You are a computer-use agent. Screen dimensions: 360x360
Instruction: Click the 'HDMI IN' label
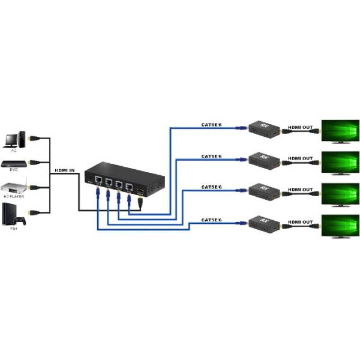pos(64,171)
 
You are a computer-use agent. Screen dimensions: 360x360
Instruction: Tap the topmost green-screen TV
pos(340,131)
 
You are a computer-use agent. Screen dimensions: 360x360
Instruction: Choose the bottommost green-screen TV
pos(340,226)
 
